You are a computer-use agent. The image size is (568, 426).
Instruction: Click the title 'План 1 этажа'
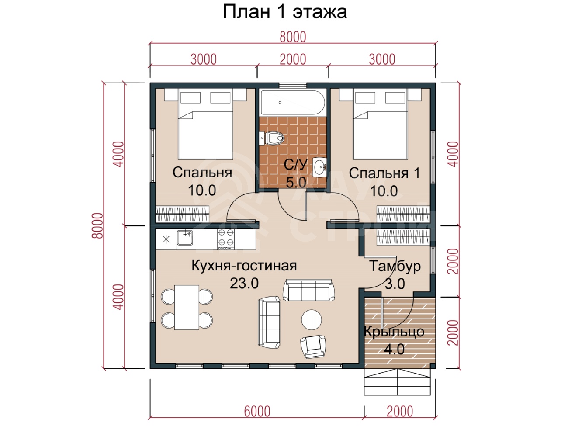pos(284,12)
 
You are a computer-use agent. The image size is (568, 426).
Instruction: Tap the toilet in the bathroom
pos(273,139)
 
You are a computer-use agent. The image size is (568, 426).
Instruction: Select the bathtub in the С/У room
pos(293,102)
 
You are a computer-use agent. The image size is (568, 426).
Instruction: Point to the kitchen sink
pos(185,237)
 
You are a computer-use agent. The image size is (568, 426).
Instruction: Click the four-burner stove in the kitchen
pos(226,239)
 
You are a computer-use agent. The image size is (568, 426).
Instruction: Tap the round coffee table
pos(312,320)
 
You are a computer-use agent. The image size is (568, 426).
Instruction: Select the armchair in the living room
pos(313,347)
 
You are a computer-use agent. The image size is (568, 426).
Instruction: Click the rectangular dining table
pos(187,307)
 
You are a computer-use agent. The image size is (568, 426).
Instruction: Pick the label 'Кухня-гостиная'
pos(244,266)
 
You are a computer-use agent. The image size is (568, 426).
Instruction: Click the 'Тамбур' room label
pos(395,266)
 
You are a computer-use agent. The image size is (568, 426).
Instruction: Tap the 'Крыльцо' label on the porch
pos(394,332)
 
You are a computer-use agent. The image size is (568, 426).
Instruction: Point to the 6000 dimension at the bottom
pos(257,411)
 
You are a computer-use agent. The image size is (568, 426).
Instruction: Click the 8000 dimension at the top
pos(293,37)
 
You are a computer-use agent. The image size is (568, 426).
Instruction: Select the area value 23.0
pos(244,283)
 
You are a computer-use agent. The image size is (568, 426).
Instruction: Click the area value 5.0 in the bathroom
pos(296,182)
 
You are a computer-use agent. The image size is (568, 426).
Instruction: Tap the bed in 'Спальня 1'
pos(380,124)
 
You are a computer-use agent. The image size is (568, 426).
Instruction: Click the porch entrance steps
pos(397,382)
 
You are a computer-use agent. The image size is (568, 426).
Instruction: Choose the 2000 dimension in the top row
pos(293,59)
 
